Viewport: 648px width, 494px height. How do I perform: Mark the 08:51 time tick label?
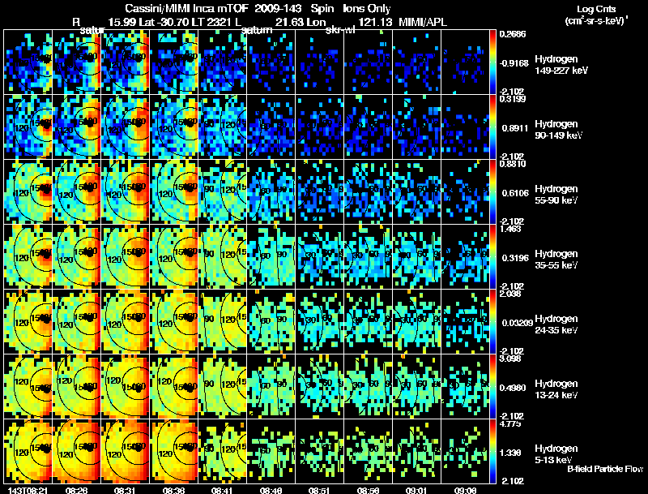(320, 490)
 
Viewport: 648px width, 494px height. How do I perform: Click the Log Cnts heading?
(592, 8)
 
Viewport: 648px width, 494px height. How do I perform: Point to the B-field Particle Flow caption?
(604, 468)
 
